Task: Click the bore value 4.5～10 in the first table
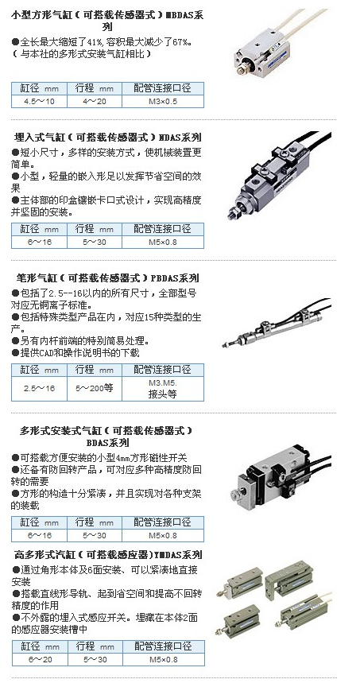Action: (39, 102)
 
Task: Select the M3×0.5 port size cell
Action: (163, 102)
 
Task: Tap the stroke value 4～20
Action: (95, 102)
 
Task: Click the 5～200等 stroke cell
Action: (95, 389)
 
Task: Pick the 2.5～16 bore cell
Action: (39, 389)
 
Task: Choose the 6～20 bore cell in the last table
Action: (40, 659)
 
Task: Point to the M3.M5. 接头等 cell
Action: (163, 389)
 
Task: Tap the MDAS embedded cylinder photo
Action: (279, 175)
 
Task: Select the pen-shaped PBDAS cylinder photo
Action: (277, 324)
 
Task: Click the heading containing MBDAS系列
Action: (107, 21)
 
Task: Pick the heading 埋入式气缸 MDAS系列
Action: (108, 138)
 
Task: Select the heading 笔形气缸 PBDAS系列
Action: (107, 278)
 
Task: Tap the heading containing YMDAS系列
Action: (108, 555)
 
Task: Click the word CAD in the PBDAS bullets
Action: (46, 353)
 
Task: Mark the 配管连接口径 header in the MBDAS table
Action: (162, 88)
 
